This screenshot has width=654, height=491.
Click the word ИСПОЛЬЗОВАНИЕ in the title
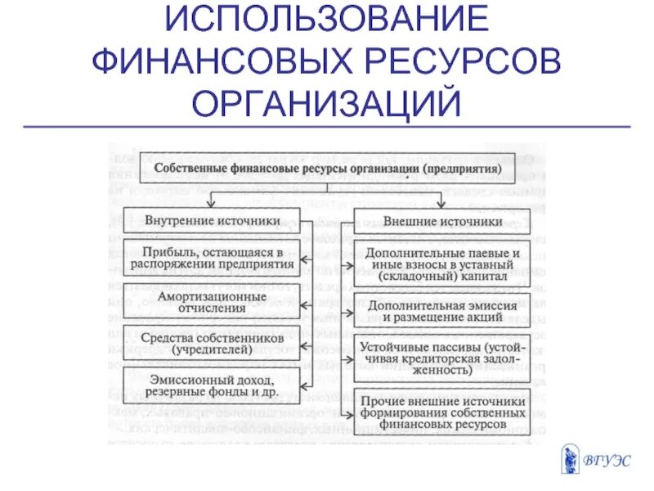tap(327, 20)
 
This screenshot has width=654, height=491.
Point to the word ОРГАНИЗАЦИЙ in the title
tap(327, 103)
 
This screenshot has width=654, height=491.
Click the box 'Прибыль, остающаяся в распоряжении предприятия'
tap(212, 258)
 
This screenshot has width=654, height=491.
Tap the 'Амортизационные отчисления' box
tap(212, 302)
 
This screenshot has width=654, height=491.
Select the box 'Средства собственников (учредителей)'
tap(212, 344)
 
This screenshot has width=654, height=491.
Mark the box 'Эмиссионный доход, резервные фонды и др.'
tap(212, 385)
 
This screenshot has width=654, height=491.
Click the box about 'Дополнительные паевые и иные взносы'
tap(442, 264)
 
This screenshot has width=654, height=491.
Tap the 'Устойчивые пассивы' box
tap(442, 357)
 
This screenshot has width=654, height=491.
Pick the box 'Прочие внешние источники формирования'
tap(442, 412)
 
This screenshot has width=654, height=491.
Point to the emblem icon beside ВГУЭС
tap(570, 459)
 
